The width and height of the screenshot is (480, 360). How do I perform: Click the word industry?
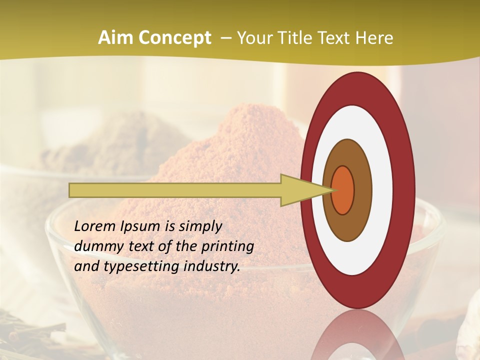pyautogui.click(x=212, y=266)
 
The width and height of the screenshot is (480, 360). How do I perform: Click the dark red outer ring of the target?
pyautogui.click(x=405, y=190)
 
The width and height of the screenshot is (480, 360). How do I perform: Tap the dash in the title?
pyautogui.click(x=226, y=38)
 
